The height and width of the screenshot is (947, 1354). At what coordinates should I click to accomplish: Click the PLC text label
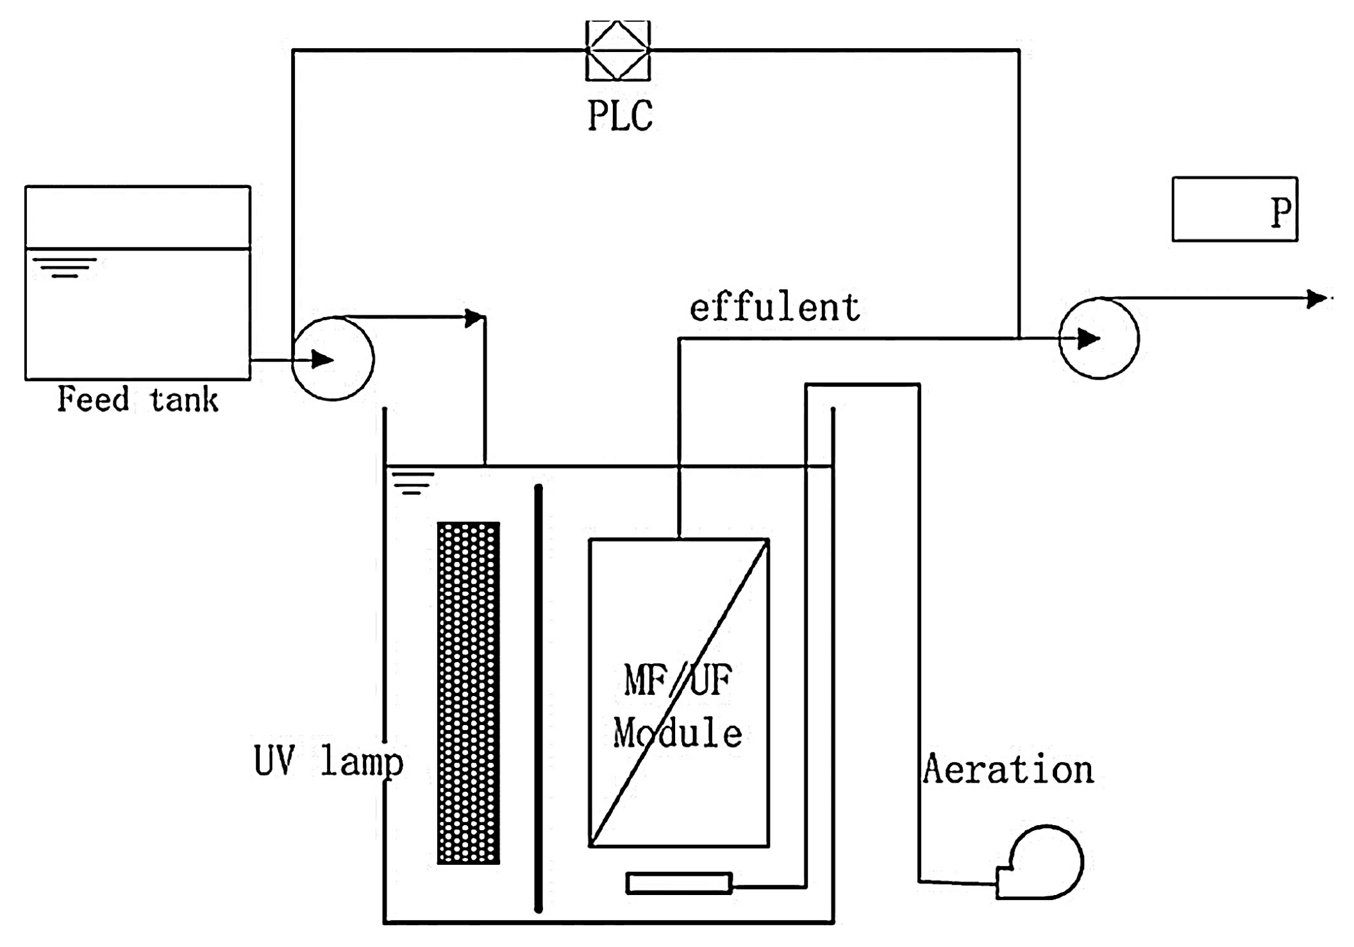pos(620,115)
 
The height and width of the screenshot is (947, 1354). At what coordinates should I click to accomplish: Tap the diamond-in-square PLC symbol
pos(617,50)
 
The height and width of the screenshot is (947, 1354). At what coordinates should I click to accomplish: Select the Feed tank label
pos(138,399)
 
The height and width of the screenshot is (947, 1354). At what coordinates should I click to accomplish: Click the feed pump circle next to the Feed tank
pos(333,359)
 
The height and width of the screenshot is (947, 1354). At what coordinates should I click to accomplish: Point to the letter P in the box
pos(1280,212)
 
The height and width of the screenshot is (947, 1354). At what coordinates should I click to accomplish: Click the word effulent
pos(774,308)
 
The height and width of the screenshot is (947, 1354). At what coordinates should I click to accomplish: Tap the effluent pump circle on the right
pos(1098,338)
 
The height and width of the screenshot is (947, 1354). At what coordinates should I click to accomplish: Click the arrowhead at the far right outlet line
pos(1316,299)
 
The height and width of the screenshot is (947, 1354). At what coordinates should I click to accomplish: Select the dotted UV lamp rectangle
pos(469,693)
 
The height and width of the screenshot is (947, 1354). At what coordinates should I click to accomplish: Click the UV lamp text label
pos(328,762)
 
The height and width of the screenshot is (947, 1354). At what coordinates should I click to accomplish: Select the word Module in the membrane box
pos(678,733)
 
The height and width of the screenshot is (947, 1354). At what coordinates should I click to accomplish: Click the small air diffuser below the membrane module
pos(679,883)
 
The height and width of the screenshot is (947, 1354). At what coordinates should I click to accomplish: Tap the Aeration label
pos(1008,769)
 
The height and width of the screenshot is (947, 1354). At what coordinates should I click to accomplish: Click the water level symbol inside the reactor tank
pos(413,483)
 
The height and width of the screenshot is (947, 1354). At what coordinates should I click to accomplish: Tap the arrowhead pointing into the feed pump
pos(322,359)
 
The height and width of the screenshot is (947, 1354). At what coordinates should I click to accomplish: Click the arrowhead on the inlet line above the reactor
pos(474,318)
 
